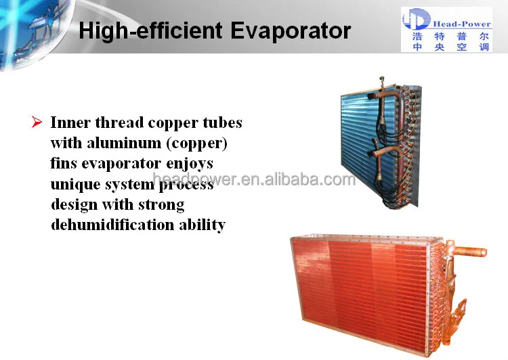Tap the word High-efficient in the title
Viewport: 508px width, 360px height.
144,31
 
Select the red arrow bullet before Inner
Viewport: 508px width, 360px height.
37,122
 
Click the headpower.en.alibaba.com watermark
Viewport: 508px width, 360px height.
254,180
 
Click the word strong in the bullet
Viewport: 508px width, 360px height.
162,205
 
